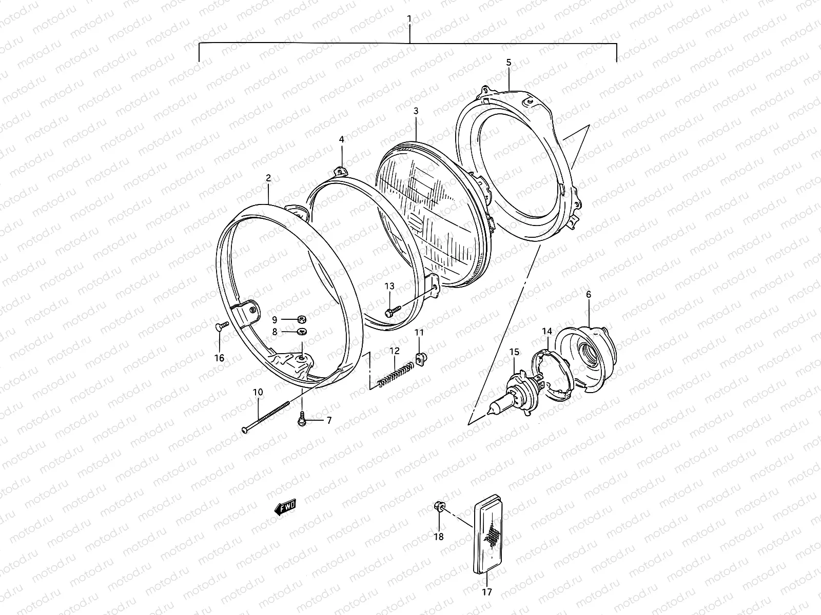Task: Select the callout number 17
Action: coord(487,592)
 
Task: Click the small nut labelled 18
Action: coord(440,507)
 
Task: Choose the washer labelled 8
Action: coord(302,332)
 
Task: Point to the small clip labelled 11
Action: coord(421,357)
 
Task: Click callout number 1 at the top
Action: coord(409,18)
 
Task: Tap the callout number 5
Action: coord(509,62)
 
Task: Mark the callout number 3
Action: coord(416,110)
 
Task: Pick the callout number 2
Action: coord(268,178)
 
